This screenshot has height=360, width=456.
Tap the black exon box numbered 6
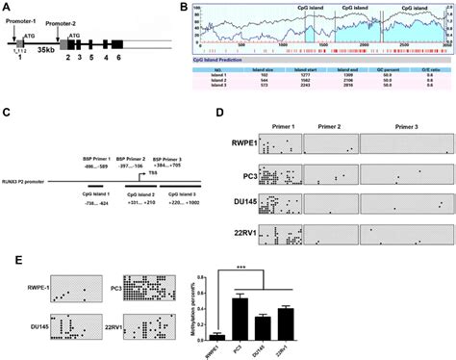click(x=116, y=44)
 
